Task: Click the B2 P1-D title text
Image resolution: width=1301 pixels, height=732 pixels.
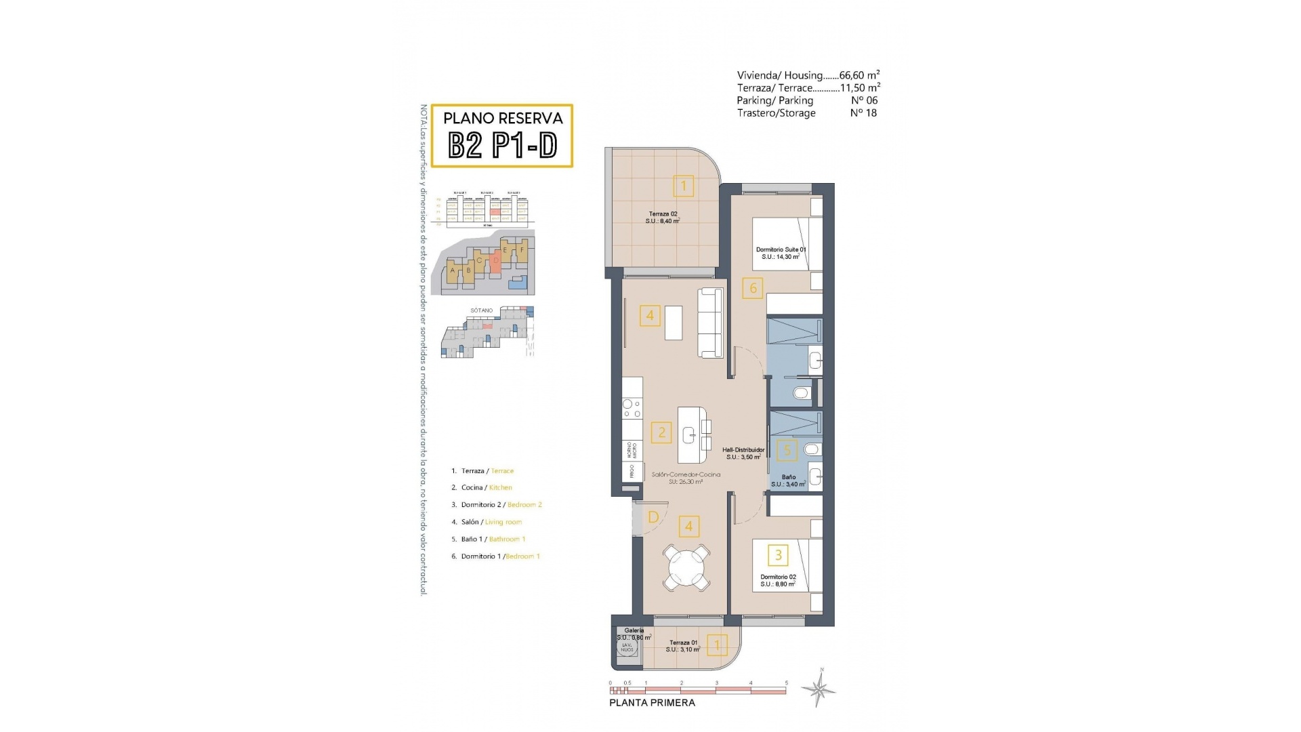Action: pyautogui.click(x=503, y=145)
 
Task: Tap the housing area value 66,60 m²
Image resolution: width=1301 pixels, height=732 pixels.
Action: pyautogui.click(x=859, y=75)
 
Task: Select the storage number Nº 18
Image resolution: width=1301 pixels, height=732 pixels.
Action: pyautogui.click(x=863, y=113)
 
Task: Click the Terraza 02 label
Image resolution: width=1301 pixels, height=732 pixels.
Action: pyautogui.click(x=663, y=214)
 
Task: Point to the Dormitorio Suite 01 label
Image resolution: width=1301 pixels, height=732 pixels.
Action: pyautogui.click(x=781, y=250)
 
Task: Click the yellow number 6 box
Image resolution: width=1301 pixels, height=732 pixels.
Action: pyautogui.click(x=753, y=288)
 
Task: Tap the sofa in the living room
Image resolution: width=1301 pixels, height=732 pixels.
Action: pyautogui.click(x=711, y=323)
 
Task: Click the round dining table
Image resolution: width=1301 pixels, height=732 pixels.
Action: pyautogui.click(x=688, y=567)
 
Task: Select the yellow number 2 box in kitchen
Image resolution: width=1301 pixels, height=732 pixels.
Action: pyautogui.click(x=661, y=432)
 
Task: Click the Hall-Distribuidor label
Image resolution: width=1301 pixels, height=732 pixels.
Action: pyautogui.click(x=743, y=450)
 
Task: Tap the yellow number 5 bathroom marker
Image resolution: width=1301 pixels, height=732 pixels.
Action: pyautogui.click(x=787, y=450)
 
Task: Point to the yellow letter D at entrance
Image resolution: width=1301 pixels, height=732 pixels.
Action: pyautogui.click(x=653, y=517)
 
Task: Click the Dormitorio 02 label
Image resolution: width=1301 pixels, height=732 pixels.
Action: pyautogui.click(x=778, y=577)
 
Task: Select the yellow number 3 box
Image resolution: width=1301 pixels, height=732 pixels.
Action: pyautogui.click(x=778, y=555)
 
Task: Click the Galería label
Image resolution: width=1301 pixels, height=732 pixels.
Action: pyautogui.click(x=634, y=630)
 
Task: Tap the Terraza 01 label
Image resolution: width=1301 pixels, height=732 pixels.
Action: pyautogui.click(x=683, y=643)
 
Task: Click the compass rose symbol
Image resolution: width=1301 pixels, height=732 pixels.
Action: pyautogui.click(x=819, y=690)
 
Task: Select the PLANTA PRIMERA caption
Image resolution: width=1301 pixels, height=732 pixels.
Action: pyautogui.click(x=652, y=703)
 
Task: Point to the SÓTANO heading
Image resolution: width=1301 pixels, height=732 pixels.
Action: pyautogui.click(x=482, y=310)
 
